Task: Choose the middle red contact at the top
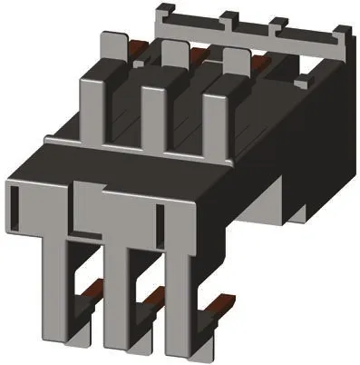(x=199, y=56)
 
